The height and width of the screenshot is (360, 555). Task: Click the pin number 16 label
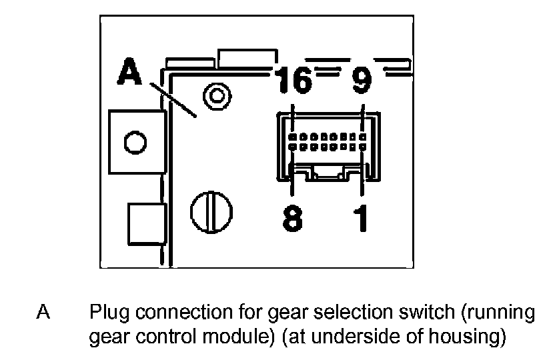pos(294,81)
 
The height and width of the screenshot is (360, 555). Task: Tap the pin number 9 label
pos(361,81)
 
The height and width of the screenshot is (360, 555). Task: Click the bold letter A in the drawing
pos(130,72)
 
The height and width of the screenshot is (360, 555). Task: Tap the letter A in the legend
pos(44,313)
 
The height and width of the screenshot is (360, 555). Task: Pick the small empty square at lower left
pos(145,223)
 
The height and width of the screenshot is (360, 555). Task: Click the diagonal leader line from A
pos(172,99)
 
